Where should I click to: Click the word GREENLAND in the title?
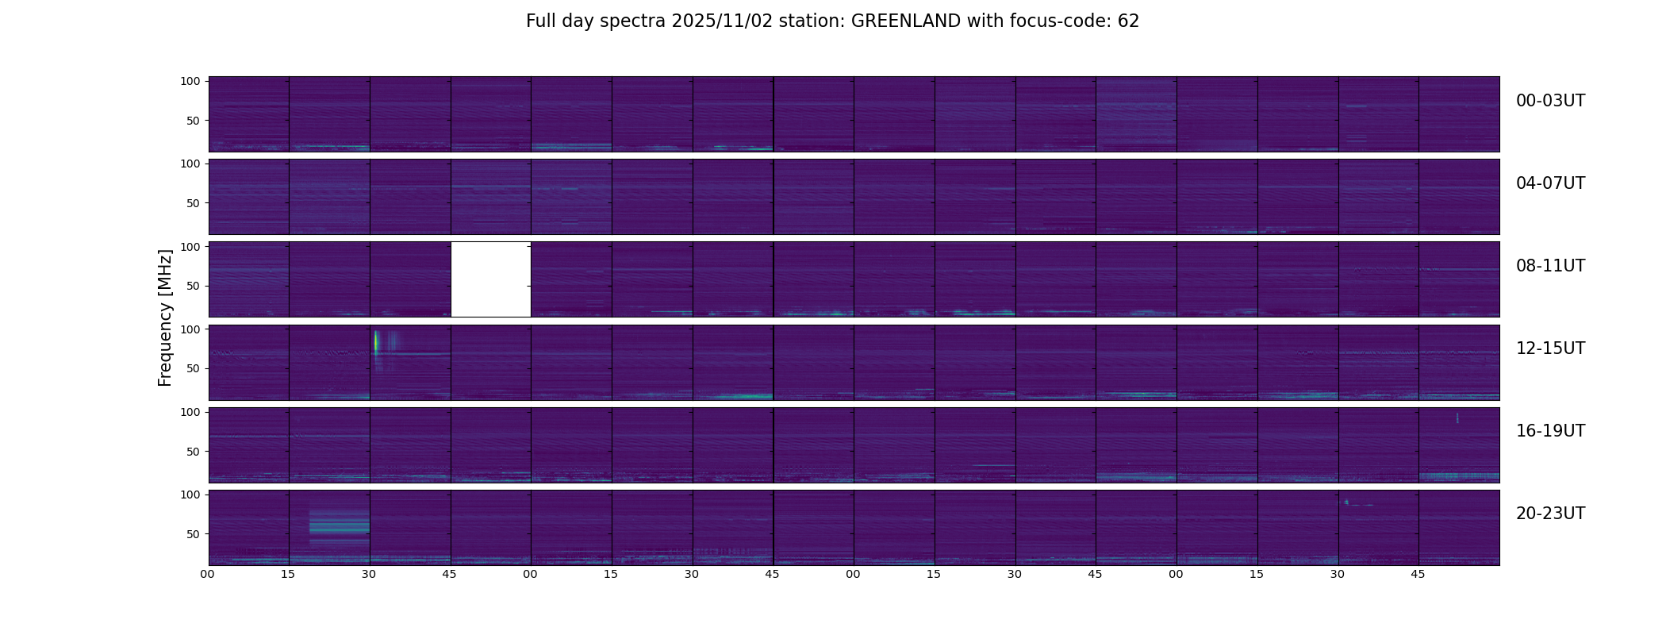point(905,21)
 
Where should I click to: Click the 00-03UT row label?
point(1550,101)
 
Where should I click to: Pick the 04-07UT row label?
point(1550,183)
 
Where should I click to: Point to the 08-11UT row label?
point(1550,266)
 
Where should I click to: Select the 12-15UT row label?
point(1550,348)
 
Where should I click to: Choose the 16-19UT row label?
point(1550,431)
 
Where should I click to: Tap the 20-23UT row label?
point(1550,514)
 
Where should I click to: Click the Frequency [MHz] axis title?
point(165,317)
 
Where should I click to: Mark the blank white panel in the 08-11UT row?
point(490,279)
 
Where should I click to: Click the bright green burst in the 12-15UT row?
point(376,342)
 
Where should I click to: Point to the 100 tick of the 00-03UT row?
point(190,81)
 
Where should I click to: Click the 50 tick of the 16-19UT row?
point(194,452)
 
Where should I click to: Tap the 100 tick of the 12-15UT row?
point(190,329)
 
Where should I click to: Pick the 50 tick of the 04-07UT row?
point(194,203)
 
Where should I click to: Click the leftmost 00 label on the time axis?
point(207,574)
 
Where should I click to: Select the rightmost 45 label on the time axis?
point(1418,574)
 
